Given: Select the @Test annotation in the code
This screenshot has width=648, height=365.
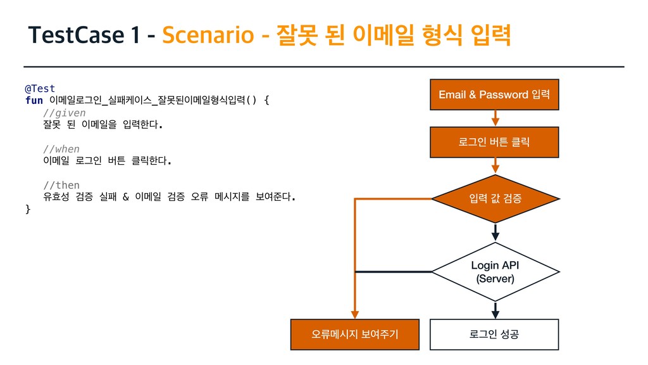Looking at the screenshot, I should (40, 88).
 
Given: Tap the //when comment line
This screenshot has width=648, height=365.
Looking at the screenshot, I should (61, 149).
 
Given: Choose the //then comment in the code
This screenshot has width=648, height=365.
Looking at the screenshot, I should (61, 185).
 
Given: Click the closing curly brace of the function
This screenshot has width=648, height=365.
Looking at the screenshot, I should (27, 209).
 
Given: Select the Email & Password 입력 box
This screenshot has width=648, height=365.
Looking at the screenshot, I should (494, 95).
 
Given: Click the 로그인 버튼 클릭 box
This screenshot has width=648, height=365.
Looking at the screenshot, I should (494, 143).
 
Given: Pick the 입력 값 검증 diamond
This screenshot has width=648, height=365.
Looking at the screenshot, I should (494, 199).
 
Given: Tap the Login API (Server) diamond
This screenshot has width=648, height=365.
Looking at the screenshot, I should (494, 272).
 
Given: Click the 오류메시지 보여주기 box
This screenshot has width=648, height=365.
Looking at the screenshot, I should (354, 334).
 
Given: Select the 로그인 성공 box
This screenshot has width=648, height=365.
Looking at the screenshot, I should (494, 334).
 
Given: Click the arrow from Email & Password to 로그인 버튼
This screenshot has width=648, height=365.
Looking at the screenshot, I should (495, 118).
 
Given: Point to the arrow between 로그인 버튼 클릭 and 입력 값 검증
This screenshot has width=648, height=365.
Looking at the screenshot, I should (495, 166).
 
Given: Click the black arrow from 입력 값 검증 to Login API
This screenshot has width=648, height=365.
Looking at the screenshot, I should (495, 232).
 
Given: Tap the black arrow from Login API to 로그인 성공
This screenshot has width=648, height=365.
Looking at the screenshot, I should (495, 310).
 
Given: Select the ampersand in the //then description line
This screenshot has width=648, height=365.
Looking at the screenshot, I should (125, 197).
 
